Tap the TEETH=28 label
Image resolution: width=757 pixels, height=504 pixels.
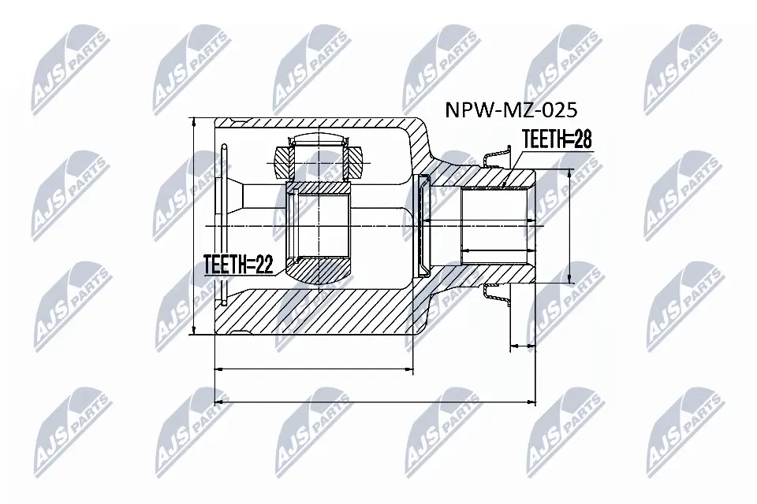pos(557,139)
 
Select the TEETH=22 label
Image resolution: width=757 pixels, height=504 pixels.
pos(238,265)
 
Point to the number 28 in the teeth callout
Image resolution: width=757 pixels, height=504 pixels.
pos(582,139)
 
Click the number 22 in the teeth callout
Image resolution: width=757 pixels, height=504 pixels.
pos(263,265)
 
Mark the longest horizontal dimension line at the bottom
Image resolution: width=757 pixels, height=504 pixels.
pos(375,402)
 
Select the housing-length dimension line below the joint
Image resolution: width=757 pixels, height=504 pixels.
pos(314,368)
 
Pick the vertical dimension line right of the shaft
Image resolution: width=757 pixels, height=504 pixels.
pos(569,226)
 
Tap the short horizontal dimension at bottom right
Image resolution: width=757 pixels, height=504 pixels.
pos(524,345)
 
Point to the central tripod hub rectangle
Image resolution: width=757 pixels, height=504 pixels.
pos(319,225)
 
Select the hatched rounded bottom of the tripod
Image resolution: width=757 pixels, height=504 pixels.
pos(319,272)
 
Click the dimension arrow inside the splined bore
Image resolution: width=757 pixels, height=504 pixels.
pos(497,250)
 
